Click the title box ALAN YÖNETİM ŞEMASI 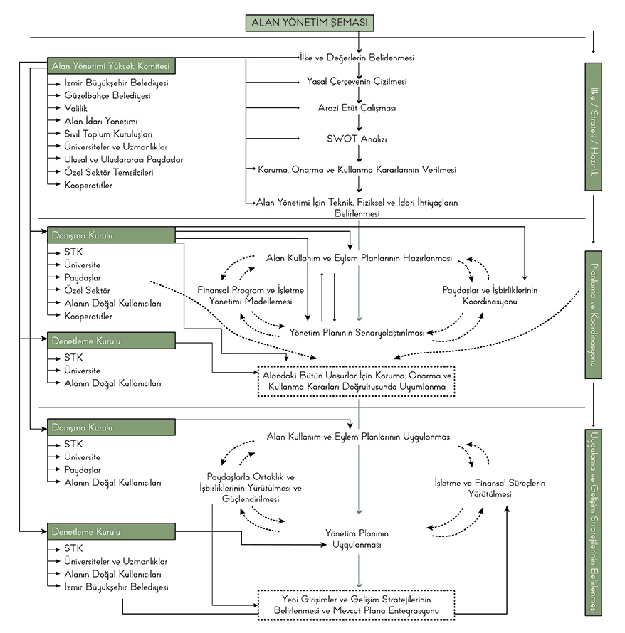310,23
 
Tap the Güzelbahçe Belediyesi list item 107,95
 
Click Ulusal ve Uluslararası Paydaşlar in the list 123,159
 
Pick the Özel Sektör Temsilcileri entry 108,172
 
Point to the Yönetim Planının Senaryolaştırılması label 357,332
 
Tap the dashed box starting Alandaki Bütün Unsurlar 356,381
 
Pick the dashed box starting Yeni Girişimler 356,605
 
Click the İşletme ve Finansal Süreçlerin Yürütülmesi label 490,488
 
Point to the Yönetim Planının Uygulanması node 357,538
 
